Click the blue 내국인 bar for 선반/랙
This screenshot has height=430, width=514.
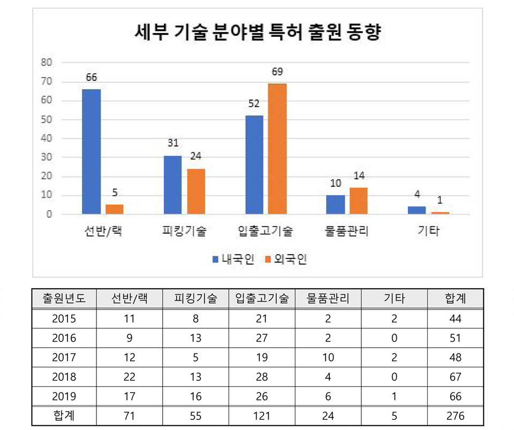(x=91, y=152)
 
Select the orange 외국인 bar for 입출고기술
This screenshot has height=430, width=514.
(x=277, y=149)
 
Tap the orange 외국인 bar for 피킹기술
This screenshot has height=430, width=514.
(x=196, y=191)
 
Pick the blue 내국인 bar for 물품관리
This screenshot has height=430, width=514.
(x=336, y=205)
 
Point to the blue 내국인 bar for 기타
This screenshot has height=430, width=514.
(x=417, y=210)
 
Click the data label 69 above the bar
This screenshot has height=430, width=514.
(x=277, y=72)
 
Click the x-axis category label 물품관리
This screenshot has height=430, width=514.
(x=347, y=232)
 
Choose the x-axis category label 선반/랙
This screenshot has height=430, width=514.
(x=102, y=232)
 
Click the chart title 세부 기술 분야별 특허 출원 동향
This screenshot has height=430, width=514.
(x=257, y=33)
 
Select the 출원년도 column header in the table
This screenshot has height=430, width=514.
(x=64, y=298)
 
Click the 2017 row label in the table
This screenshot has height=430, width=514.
(x=64, y=357)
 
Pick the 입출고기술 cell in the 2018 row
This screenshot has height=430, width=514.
(x=262, y=377)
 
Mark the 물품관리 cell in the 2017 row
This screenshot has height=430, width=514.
(x=328, y=357)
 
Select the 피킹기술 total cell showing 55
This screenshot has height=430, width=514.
(x=195, y=416)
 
